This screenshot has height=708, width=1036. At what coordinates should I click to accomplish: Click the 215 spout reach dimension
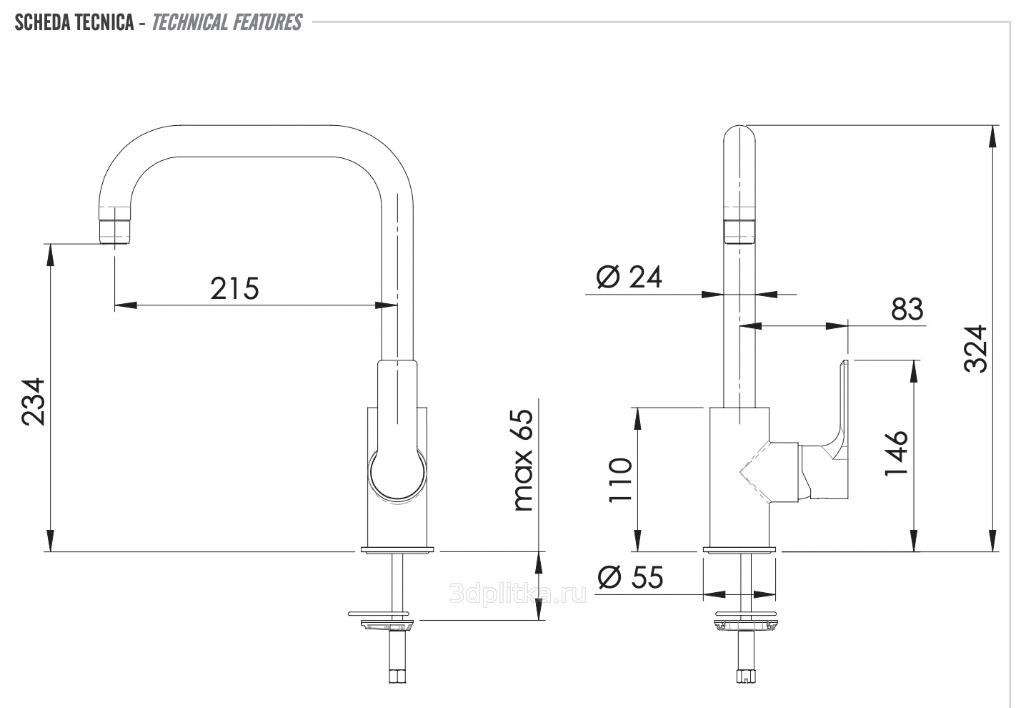click(x=234, y=288)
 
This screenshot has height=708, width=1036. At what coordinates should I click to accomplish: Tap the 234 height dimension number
click(x=34, y=401)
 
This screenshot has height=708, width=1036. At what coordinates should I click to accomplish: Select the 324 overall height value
click(x=975, y=349)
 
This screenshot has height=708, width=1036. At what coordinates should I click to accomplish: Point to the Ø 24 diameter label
click(x=629, y=277)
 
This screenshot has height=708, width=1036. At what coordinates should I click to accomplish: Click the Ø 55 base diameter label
click(x=630, y=577)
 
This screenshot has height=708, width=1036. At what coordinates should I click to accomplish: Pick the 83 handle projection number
click(x=907, y=309)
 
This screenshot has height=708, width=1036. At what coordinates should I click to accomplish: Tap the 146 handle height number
click(x=896, y=453)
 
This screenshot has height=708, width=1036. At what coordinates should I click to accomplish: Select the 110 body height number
click(x=620, y=479)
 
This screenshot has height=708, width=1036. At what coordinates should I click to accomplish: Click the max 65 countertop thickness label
click(x=523, y=460)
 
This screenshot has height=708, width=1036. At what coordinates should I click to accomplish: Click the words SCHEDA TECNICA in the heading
click(x=74, y=22)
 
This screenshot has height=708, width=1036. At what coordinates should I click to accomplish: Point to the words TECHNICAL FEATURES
click(x=226, y=22)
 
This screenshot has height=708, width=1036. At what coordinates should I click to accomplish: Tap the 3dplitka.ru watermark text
click(x=518, y=593)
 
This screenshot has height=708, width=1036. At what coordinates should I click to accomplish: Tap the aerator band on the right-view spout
click(x=739, y=232)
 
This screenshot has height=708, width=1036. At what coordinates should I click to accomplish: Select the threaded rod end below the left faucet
click(x=397, y=676)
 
